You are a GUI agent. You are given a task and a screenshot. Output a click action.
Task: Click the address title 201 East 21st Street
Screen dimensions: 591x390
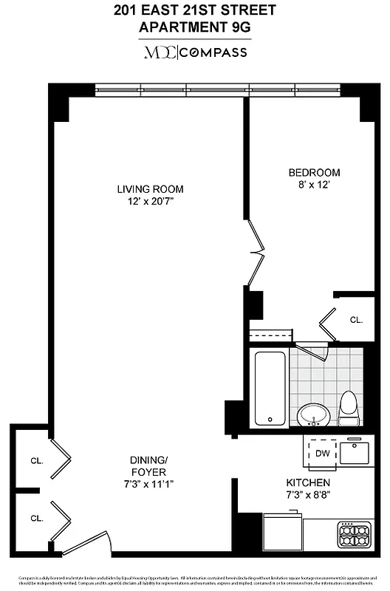[195, 10]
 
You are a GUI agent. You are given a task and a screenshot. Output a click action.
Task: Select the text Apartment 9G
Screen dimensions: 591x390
[195, 27]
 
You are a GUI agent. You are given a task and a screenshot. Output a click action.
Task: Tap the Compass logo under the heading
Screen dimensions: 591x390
[195, 52]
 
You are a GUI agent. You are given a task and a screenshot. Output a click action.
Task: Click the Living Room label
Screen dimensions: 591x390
[150, 188]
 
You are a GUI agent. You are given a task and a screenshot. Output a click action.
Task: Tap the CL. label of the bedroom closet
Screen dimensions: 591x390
[356, 320]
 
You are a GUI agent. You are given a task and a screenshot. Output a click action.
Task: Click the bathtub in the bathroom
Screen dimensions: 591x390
[270, 386]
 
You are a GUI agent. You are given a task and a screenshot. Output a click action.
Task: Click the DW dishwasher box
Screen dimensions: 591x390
[322, 453]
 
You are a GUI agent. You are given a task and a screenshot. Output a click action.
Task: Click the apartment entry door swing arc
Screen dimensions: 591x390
[87, 544]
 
